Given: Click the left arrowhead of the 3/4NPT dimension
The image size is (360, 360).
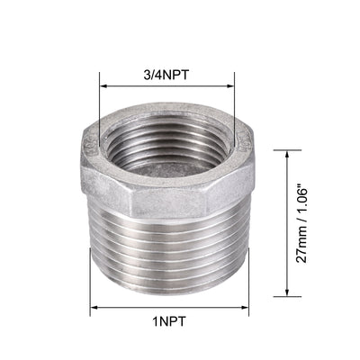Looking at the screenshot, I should (x=102, y=87).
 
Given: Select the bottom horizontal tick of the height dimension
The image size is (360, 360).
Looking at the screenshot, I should (x=286, y=296).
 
